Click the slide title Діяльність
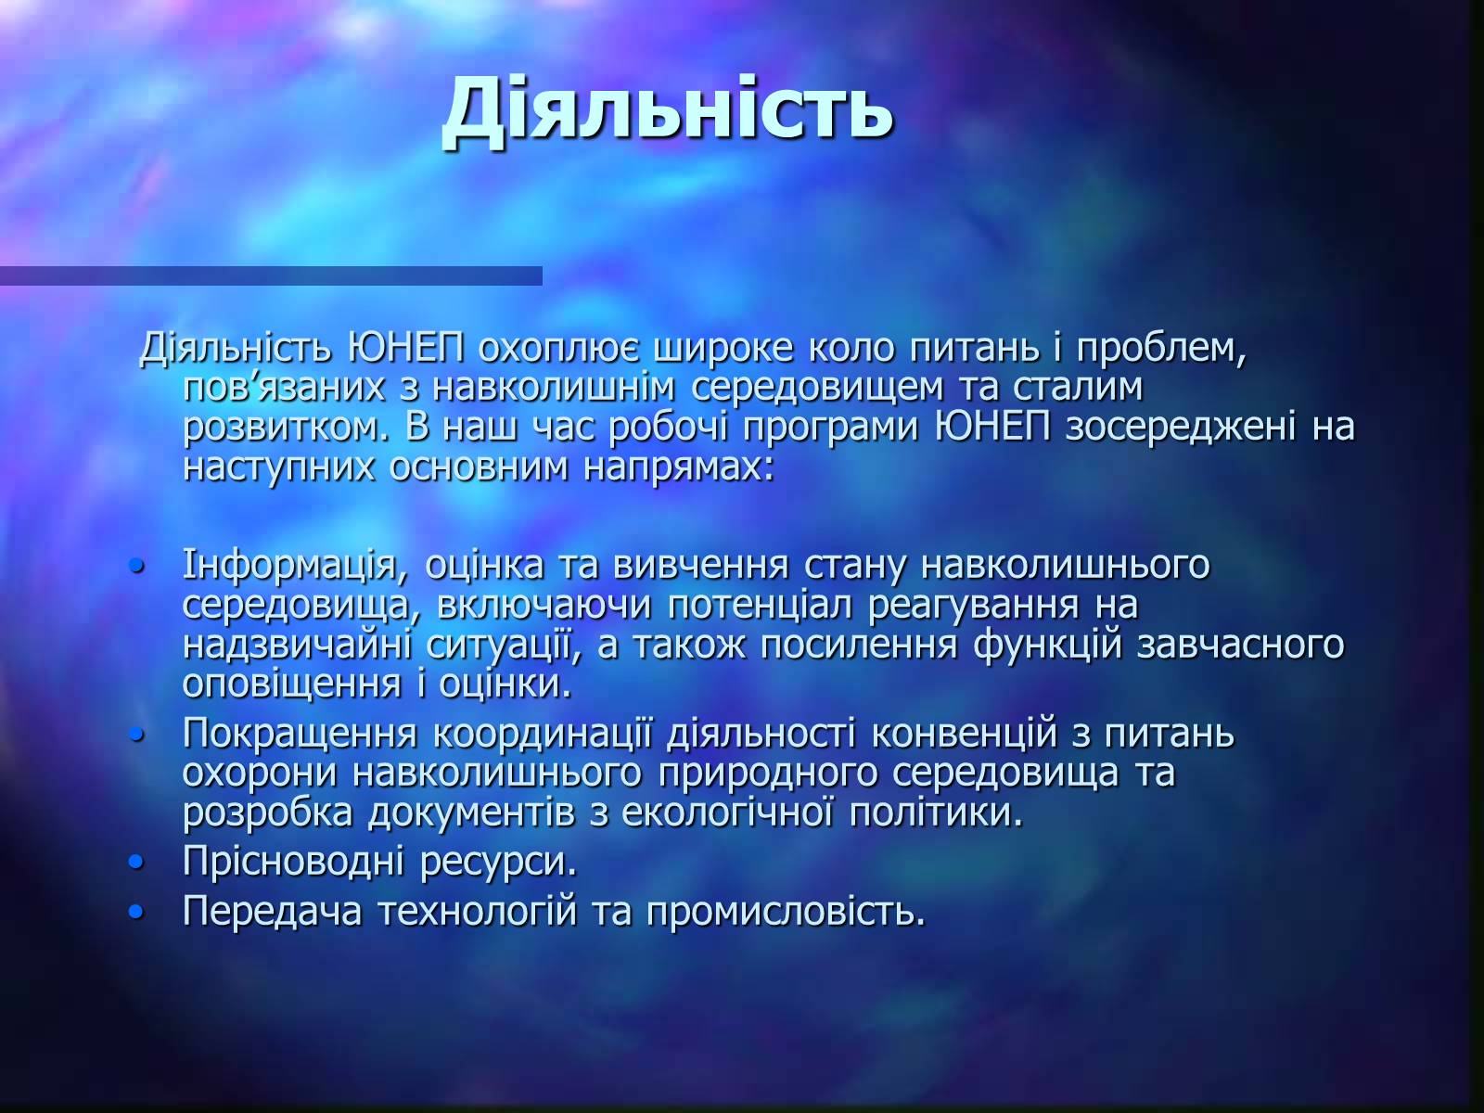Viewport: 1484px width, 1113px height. [x=667, y=111]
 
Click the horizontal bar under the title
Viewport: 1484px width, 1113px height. [x=271, y=275]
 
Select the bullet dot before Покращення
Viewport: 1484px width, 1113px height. [x=136, y=734]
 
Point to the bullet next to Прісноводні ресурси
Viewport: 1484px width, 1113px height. [x=136, y=862]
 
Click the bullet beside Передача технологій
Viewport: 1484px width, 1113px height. [x=136, y=913]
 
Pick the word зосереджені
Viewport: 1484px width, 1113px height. [x=1181, y=427]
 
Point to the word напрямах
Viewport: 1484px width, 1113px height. [x=678, y=467]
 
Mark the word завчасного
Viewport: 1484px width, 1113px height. [x=1241, y=645]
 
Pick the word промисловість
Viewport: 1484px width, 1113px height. [x=786, y=912]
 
